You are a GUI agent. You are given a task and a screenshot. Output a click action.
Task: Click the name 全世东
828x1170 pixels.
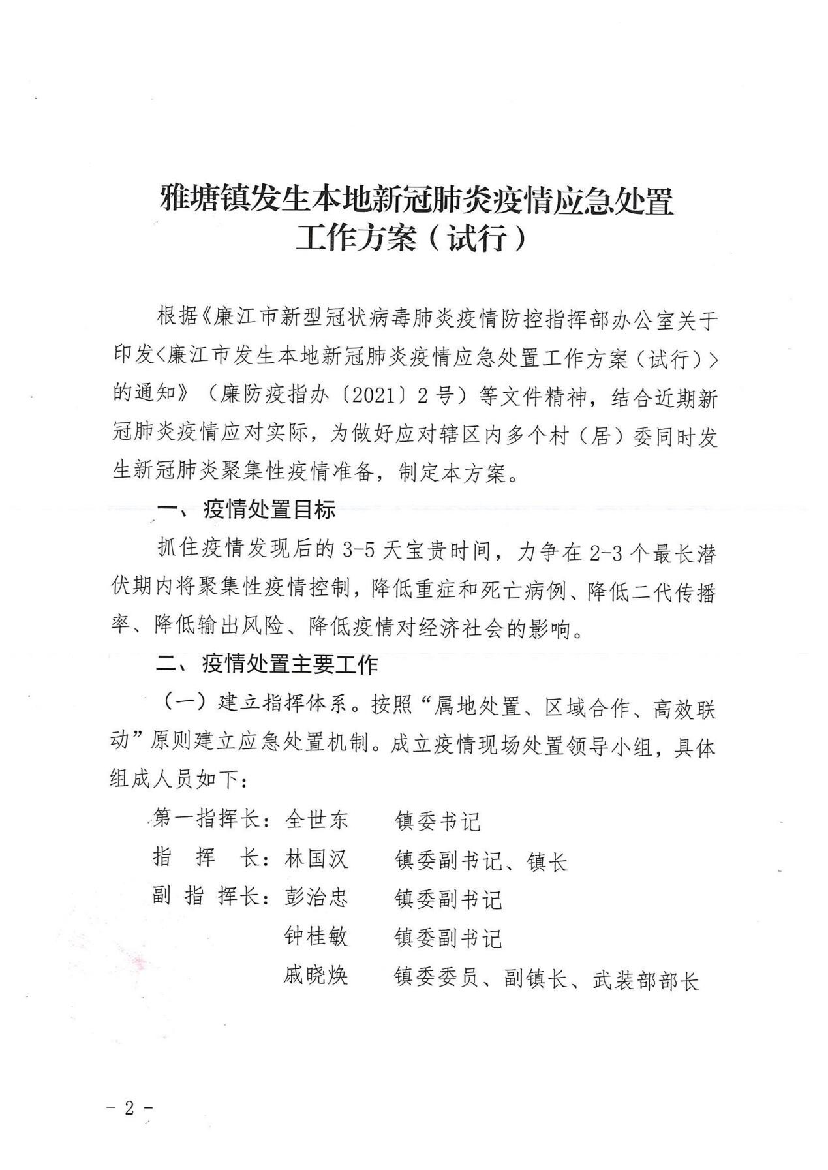click(x=316, y=820)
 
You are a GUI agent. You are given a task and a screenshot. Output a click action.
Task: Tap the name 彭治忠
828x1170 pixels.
click(x=316, y=898)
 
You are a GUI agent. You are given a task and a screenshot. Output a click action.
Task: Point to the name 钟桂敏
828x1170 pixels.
click(x=316, y=937)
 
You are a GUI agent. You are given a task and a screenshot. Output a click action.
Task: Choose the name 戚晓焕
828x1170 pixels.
click(x=316, y=976)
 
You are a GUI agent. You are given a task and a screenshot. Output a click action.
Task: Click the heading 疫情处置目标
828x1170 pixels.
click(x=269, y=510)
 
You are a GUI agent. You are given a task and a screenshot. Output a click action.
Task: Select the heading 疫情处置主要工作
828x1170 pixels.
click(x=290, y=665)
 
